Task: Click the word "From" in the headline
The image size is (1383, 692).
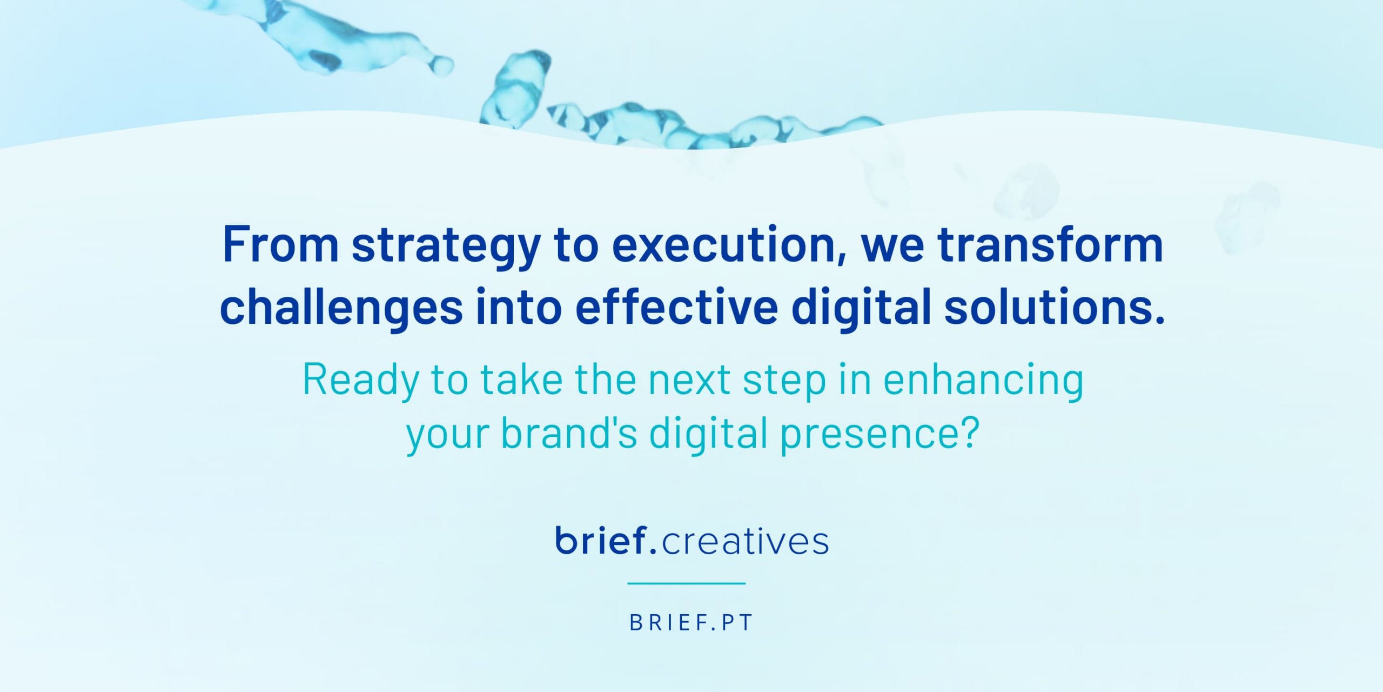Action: point(280,245)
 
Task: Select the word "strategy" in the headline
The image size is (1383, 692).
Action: point(446,248)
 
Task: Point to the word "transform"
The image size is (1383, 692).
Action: point(1050,245)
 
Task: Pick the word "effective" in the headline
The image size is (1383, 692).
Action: point(676,307)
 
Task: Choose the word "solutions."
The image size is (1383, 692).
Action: point(1055,307)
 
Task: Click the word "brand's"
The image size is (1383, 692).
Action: point(569,432)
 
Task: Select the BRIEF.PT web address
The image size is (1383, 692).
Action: point(691,623)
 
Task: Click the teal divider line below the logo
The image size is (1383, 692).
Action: point(687,583)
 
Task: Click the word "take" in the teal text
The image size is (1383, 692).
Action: point(522,380)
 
